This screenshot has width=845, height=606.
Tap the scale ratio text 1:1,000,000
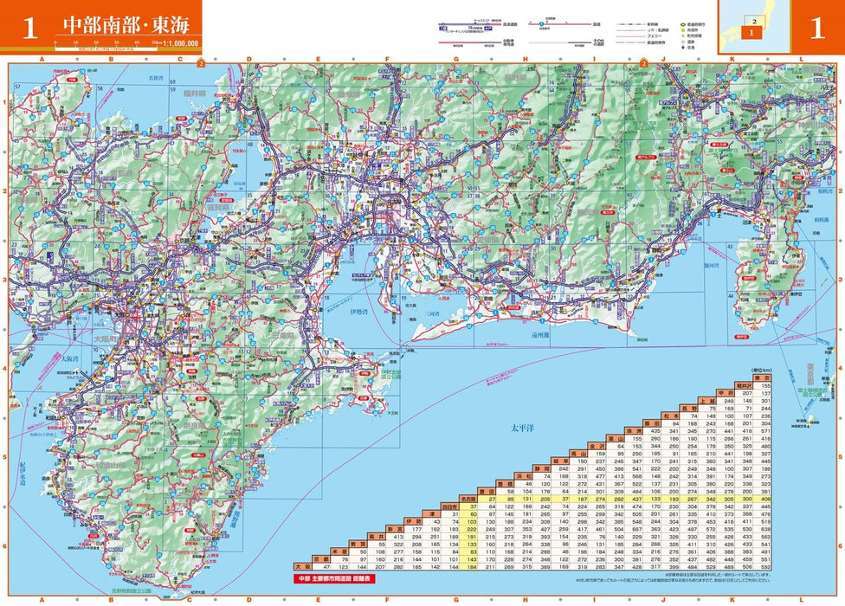tap(180, 42)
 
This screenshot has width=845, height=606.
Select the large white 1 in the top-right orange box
tap(816, 28)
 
